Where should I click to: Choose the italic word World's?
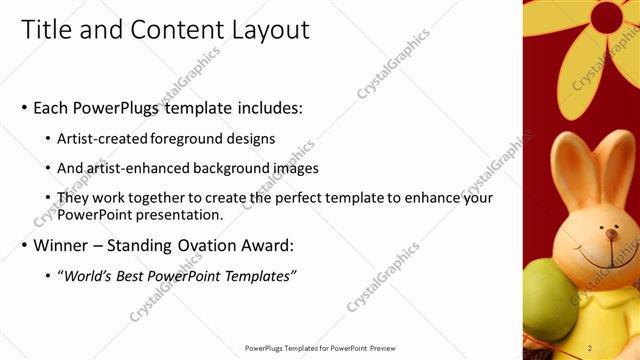tap(92, 275)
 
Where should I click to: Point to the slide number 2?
tap(590, 348)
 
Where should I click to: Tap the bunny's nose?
tap(611, 234)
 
